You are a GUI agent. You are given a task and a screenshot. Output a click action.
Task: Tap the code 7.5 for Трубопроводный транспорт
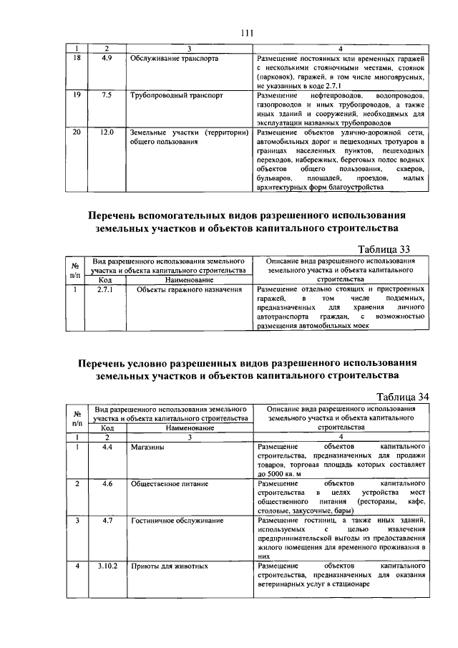pyautogui.click(x=107, y=95)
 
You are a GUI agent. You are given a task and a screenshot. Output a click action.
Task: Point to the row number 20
pyautogui.click(x=77, y=132)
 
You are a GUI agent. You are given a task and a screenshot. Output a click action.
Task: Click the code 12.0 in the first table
pyautogui.click(x=107, y=132)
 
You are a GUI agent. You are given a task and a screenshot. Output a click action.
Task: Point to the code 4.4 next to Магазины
pyautogui.click(x=107, y=447)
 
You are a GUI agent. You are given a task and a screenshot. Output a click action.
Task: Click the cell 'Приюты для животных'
pyautogui.click(x=169, y=566)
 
